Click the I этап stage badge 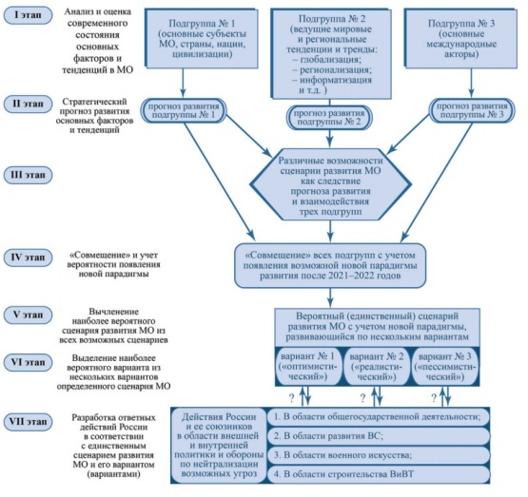click(28, 15)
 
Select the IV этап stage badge click(28, 258)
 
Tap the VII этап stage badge click(28, 422)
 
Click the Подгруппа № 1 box click(202, 38)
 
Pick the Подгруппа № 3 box click(461, 38)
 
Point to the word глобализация click(330, 60)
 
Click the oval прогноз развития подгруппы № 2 click(329, 118)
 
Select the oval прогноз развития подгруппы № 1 click(184, 110)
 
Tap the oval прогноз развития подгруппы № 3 click(472, 110)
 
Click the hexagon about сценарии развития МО click(330, 185)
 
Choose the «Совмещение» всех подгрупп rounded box click(330, 266)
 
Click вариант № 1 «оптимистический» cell click(308, 366)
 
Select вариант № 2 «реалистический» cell click(377, 366)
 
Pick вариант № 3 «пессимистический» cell click(445, 366)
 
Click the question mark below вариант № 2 click(362, 398)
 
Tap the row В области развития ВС click(379, 436)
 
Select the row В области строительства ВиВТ click(379, 474)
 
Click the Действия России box click(219, 446)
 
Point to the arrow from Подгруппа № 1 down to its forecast click(183, 83)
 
